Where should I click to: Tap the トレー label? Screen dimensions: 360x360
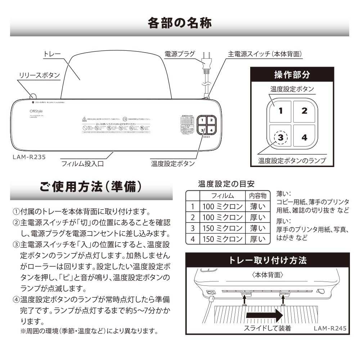[52, 54]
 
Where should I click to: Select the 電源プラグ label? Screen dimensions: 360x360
[180, 54]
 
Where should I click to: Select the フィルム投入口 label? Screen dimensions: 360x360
[82, 164]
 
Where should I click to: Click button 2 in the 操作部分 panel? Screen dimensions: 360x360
[304, 111]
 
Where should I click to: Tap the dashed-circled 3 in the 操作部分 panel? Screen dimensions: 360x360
[281, 137]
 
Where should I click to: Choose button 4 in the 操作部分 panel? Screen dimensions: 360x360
[304, 137]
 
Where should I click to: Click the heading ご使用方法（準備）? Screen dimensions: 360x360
[90, 188]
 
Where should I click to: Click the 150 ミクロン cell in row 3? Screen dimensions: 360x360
[222, 228]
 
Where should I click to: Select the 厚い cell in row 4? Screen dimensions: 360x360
[257, 239]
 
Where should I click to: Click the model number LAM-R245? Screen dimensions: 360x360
[330, 328]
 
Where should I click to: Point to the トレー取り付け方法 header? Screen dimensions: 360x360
[268, 260]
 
